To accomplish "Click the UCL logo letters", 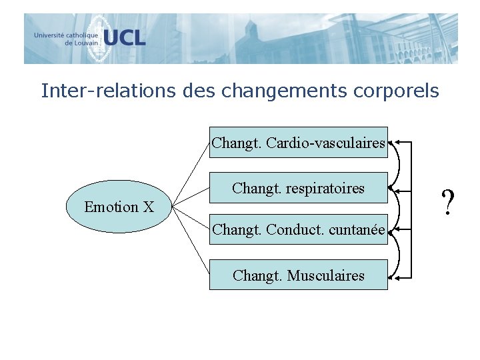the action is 124,37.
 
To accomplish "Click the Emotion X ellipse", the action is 119,207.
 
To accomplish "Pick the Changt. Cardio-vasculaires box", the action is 298,142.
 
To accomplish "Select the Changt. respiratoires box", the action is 298,188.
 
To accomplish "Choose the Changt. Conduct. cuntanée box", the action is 298,230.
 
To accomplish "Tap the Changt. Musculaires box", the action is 298,275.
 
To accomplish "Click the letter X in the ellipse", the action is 148,207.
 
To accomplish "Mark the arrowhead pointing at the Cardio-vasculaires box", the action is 391,142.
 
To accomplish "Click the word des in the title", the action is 196,91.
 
